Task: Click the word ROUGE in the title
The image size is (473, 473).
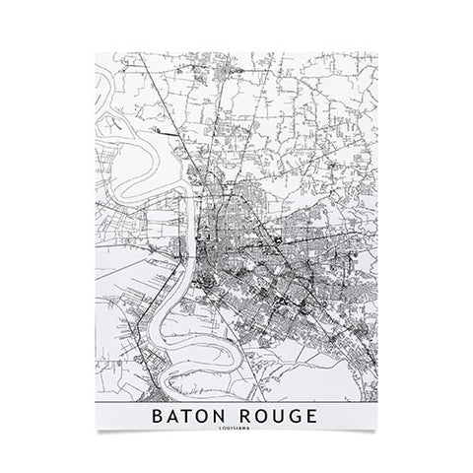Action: (x=276, y=416)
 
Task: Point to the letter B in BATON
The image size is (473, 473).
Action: (x=158, y=416)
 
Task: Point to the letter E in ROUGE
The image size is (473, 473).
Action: (x=311, y=416)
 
